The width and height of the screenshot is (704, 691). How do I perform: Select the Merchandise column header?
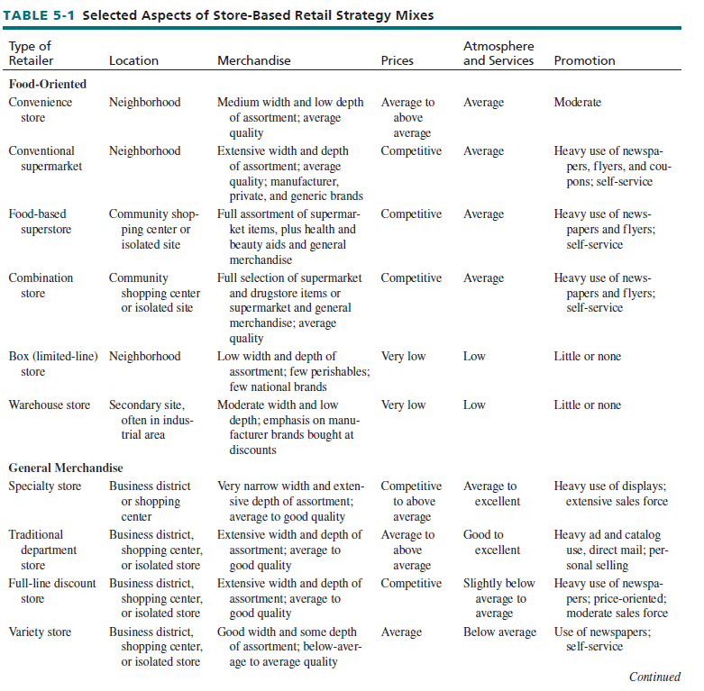pyautogui.click(x=254, y=61)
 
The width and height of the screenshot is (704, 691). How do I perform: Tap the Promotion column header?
pyautogui.click(x=584, y=61)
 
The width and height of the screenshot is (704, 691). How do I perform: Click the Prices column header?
pyautogui.click(x=398, y=61)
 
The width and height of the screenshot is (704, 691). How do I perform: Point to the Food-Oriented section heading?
pyautogui.click(x=48, y=84)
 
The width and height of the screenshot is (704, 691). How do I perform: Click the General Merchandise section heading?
pyautogui.click(x=66, y=468)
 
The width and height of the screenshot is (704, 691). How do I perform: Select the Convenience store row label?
pyautogui.click(x=41, y=110)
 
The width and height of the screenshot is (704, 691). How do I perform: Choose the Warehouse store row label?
pyautogui.click(x=50, y=405)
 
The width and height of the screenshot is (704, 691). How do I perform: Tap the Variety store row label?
pyautogui.click(x=40, y=632)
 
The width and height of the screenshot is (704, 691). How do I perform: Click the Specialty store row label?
pyautogui.click(x=45, y=486)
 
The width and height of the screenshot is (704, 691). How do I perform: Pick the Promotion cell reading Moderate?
pyautogui.click(x=577, y=103)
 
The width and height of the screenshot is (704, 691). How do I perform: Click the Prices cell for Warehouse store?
pyautogui.click(x=403, y=405)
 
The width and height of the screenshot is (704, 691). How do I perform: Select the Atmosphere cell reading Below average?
pyautogui.click(x=499, y=632)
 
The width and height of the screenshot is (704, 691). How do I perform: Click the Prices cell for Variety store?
pyautogui.click(x=401, y=632)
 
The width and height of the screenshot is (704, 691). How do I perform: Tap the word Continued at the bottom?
pyautogui.click(x=654, y=677)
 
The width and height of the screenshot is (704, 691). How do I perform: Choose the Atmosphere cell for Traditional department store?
pyautogui.click(x=491, y=542)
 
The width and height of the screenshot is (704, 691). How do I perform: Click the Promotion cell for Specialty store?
pyautogui.click(x=610, y=494)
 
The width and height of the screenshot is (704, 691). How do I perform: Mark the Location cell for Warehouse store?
pyautogui.click(x=150, y=420)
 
